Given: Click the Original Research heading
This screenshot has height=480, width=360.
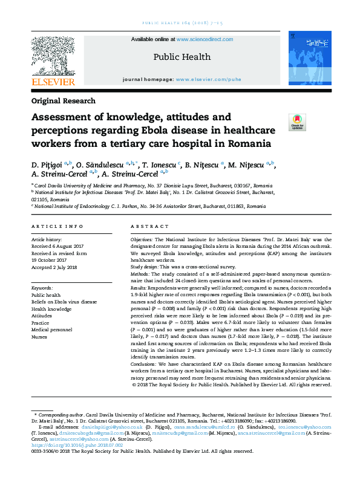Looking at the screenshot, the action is pyautogui.click(x=64, y=102).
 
